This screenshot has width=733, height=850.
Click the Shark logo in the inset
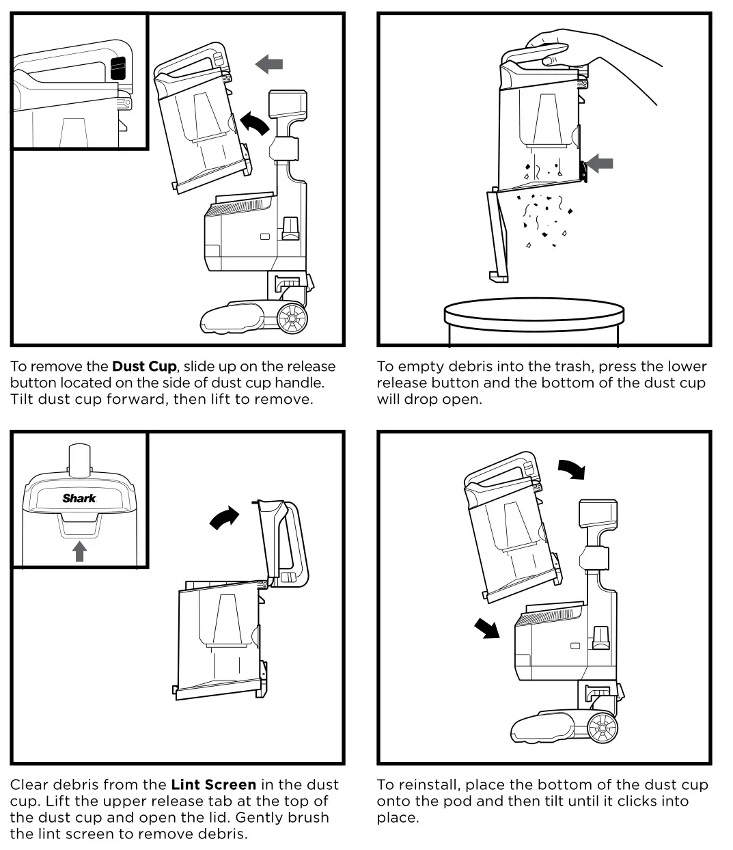tap(79, 498)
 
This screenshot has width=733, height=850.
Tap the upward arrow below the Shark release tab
tap(79, 551)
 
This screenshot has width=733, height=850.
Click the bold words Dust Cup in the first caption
tap(143, 367)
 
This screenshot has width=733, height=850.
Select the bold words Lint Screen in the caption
tap(213, 785)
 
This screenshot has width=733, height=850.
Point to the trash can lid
tap(534, 315)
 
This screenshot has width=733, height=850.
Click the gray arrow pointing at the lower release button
tap(600, 163)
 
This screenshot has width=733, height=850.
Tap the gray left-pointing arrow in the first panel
tap(269, 64)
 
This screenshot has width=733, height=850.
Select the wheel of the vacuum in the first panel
tap(293, 318)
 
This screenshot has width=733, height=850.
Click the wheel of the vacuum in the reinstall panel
tap(602, 728)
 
